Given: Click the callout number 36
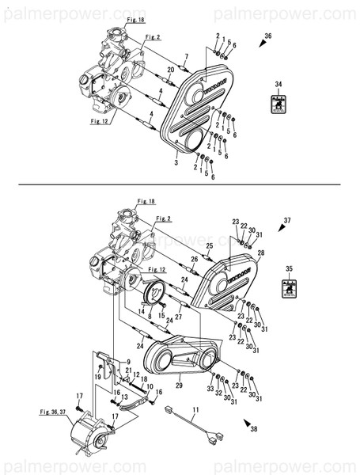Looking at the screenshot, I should click(x=267, y=37).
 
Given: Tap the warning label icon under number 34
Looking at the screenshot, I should click(x=278, y=104).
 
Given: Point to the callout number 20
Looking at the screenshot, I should click(x=171, y=70).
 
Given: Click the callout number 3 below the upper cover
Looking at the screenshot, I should click(x=176, y=162).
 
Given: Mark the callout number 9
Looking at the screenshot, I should click(x=127, y=361).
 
